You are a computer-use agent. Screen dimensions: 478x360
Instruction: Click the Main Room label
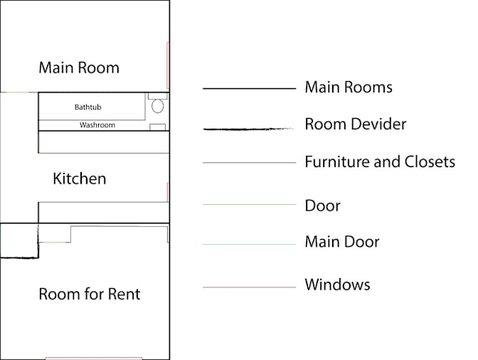[79, 68]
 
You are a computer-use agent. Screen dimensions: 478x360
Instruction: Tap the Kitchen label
[80, 178]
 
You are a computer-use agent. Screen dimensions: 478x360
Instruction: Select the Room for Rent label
[89, 294]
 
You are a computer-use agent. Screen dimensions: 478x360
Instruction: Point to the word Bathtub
[88, 107]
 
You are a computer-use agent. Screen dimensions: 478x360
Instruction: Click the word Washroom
[97, 125]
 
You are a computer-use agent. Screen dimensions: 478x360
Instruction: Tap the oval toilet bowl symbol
[158, 106]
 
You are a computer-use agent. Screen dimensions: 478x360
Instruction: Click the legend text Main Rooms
[348, 87]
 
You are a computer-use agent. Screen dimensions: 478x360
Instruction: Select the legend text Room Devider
[355, 124]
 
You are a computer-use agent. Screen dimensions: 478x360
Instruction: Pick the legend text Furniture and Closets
[380, 162]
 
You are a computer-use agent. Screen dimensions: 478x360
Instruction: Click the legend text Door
[322, 205]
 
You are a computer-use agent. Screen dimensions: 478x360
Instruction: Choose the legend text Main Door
[342, 242]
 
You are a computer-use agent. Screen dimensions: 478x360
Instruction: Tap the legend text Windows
[337, 285]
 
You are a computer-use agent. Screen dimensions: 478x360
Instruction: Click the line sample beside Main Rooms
[249, 89]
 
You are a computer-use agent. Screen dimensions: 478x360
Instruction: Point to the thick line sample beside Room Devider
[248, 129]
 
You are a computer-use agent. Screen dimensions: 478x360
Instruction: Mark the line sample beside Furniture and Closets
[249, 163]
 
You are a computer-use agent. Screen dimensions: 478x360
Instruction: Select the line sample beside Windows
[249, 287]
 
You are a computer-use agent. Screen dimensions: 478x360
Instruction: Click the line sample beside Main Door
[249, 244]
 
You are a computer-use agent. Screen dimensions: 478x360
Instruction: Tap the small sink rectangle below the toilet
[158, 127]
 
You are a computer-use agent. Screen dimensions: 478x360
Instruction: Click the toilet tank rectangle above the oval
[158, 96]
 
